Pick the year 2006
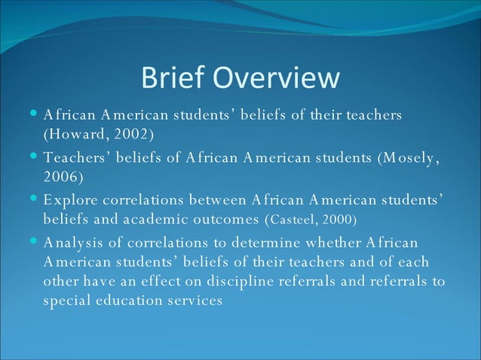(62, 177)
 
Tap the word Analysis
(74, 243)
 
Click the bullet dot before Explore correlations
(35, 200)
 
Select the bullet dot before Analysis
(35, 242)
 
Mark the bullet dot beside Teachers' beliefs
(35, 157)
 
